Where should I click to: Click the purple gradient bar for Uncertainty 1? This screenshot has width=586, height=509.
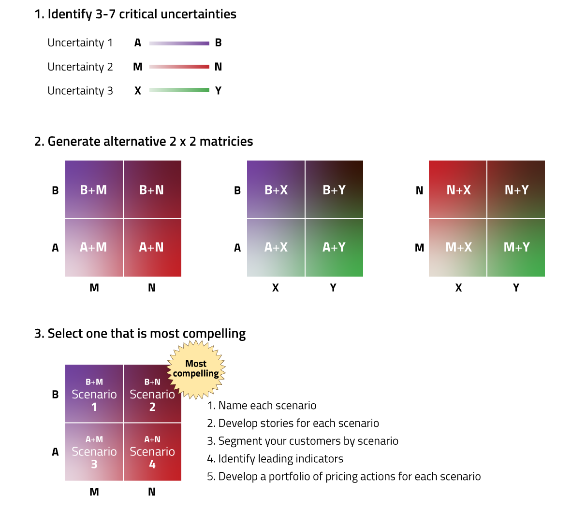pyautogui.click(x=179, y=43)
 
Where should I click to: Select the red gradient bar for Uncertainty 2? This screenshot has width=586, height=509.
pyautogui.click(x=179, y=67)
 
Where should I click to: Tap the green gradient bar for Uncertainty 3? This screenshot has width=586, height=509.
pyautogui.click(x=179, y=90)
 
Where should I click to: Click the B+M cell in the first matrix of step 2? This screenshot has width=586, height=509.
pyautogui.click(x=94, y=190)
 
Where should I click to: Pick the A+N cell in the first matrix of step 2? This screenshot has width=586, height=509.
pyautogui.click(x=152, y=248)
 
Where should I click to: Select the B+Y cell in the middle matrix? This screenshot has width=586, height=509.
pyautogui.click(x=334, y=190)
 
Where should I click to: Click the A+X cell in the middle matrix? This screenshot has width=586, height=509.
pyautogui.click(x=276, y=248)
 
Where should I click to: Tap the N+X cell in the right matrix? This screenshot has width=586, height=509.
pyautogui.click(x=458, y=190)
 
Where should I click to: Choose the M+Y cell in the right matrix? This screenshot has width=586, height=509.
pyautogui.click(x=516, y=248)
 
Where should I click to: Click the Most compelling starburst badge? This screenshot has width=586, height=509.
pyautogui.click(x=196, y=369)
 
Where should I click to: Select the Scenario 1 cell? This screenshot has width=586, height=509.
pyautogui.click(x=94, y=395)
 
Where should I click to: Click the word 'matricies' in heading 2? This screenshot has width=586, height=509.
pyautogui.click(x=226, y=141)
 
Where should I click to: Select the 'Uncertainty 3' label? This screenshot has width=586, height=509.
pyautogui.click(x=80, y=91)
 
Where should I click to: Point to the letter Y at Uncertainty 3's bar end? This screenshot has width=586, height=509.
pyautogui.click(x=218, y=91)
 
